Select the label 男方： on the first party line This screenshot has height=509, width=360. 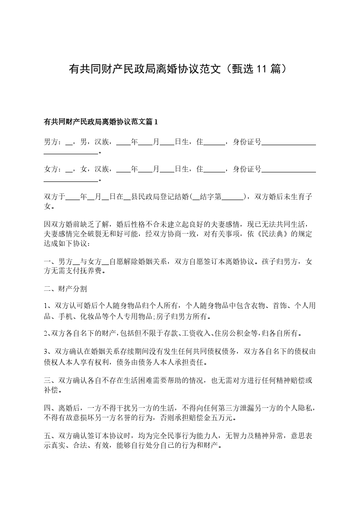tap(53, 142)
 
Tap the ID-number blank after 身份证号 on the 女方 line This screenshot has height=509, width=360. tap(289, 170)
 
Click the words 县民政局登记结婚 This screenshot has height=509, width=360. tap(159, 196)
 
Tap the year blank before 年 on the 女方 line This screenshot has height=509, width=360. tap(123, 170)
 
